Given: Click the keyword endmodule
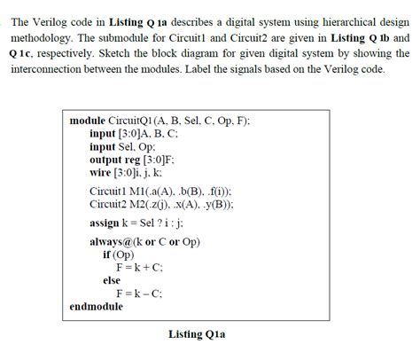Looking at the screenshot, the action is (x=96, y=307).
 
